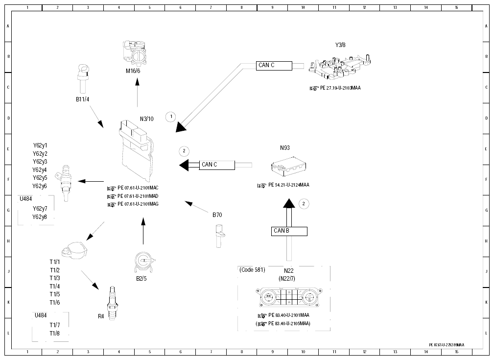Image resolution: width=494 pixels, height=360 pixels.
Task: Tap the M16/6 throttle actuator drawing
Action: click(x=135, y=53)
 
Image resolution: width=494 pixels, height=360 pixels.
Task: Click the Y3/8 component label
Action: click(x=340, y=45)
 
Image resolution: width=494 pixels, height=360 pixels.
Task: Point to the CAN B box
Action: click(x=289, y=231)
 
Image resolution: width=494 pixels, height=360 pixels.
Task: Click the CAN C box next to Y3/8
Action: click(x=274, y=66)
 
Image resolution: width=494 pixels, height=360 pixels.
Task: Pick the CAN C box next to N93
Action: click(x=217, y=165)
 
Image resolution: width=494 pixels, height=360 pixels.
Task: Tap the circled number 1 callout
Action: click(x=171, y=117)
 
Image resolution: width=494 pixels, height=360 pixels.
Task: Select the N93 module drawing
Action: click(x=288, y=166)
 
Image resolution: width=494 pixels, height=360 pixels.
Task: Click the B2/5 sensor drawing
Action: click(x=144, y=262)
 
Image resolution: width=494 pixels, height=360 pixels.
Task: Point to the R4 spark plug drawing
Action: click(x=112, y=303)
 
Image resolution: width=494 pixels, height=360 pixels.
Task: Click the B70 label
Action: click(x=217, y=215)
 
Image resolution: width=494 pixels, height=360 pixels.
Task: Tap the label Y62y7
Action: click(x=40, y=209)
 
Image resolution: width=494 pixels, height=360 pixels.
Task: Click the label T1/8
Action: click(x=54, y=334)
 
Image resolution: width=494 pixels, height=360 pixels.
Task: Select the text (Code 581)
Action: click(x=252, y=270)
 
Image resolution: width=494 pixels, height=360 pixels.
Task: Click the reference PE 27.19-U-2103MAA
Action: click(x=340, y=88)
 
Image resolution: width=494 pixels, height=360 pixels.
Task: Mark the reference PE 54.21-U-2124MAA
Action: click(x=288, y=185)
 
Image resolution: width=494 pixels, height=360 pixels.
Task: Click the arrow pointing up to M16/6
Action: click(x=138, y=93)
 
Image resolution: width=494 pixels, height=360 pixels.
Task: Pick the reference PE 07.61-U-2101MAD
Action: click(x=138, y=196)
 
